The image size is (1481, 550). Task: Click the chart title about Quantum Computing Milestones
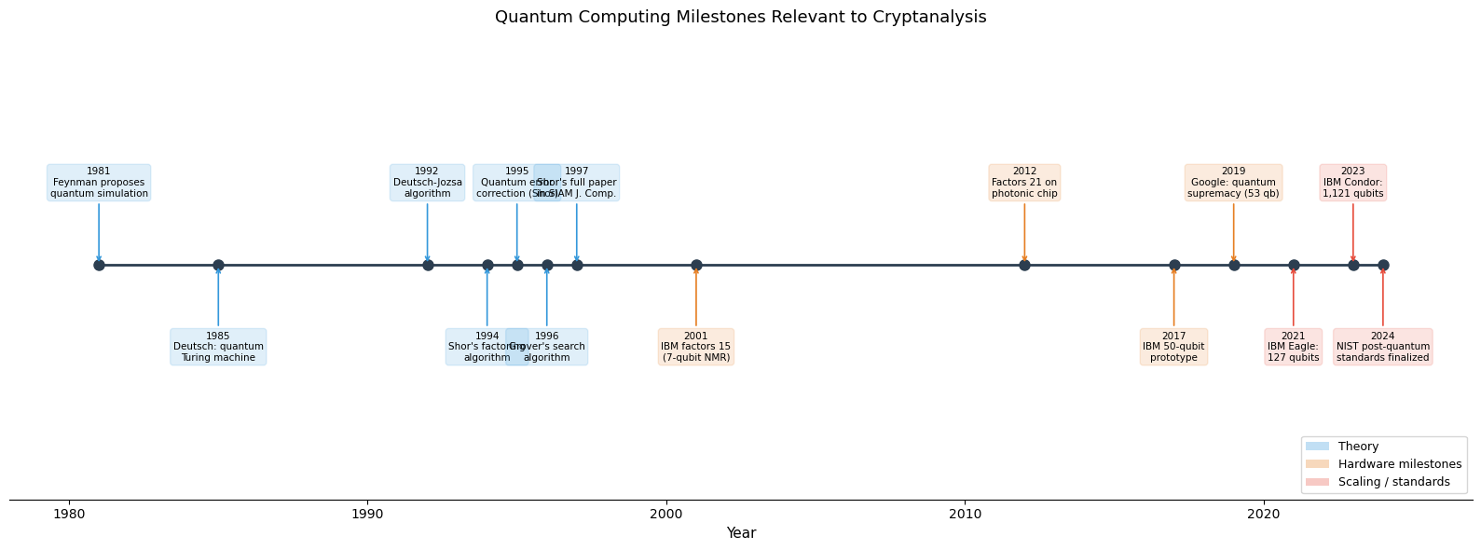740,17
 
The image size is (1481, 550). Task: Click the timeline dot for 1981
99,265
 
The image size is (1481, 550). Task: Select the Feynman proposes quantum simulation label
99,183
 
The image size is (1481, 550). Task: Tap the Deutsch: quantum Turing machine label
218,347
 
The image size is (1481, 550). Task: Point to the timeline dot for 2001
696,265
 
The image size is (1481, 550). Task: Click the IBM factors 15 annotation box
696,347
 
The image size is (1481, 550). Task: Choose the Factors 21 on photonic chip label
1024,183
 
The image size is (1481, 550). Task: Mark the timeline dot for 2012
1024,265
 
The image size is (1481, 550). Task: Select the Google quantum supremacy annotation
1233,183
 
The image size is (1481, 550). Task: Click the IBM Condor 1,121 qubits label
1352,183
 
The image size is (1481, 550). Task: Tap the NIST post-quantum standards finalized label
1382,347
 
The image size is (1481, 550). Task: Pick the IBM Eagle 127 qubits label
1293,347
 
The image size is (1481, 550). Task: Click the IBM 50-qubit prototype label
1173,347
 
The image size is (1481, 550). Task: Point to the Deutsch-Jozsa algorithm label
427,183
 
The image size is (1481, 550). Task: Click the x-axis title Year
741,533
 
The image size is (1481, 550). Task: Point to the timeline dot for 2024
1383,265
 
